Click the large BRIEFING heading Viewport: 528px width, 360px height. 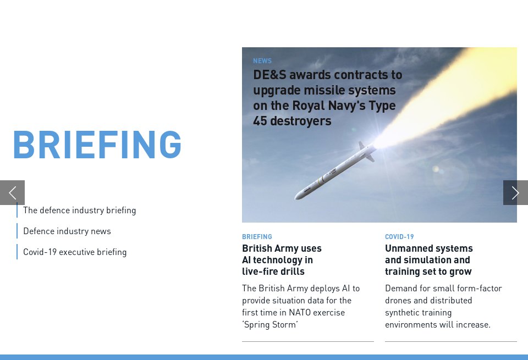pos(97,144)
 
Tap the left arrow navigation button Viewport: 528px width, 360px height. pos(12,192)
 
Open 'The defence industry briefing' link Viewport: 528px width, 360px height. pos(79,210)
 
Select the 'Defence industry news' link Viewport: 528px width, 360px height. pos(67,231)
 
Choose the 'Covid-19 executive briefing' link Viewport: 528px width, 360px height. pos(75,252)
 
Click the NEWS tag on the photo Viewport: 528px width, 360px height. pos(262,61)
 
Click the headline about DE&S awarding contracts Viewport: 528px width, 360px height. pos(327,97)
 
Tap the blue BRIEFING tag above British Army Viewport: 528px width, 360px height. pos(257,237)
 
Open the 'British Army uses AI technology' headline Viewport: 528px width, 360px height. pos(282,259)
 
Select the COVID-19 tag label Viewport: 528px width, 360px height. pos(399,237)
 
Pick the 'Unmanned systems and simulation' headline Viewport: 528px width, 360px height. pos(428,259)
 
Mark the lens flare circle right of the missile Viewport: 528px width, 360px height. pos(451,176)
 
